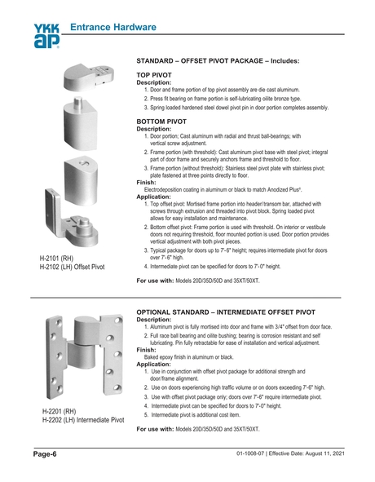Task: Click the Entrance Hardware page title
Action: coord(112,28)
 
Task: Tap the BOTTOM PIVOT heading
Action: coord(161,121)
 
